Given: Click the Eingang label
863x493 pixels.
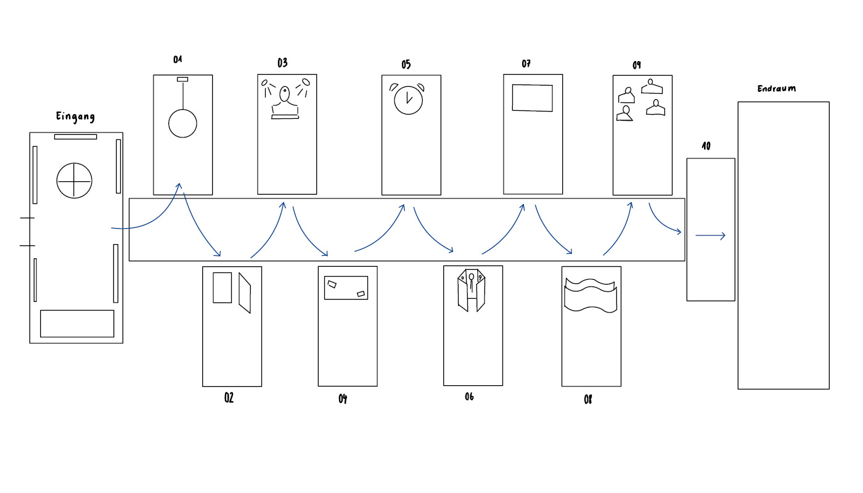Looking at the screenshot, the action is coord(75,116).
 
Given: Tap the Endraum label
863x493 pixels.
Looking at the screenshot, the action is coord(776,89).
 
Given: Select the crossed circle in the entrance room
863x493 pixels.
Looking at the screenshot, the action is coord(75,181).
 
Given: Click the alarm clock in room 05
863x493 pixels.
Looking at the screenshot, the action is coord(408,99).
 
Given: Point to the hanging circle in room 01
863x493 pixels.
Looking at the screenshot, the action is coord(182,124).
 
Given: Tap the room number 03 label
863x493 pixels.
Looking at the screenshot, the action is coord(282,62).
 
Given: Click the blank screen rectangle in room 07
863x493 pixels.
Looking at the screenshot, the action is coord(533,98).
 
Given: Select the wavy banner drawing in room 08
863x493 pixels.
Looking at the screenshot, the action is coord(591,295).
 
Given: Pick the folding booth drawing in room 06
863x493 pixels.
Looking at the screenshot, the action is coord(471,290).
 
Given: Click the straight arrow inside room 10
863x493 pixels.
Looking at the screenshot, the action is coord(710,235).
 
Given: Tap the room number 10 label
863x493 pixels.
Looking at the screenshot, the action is coord(706,146).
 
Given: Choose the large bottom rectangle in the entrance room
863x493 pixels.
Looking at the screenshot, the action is coord(77,324).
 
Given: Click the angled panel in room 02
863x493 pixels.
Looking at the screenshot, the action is coord(245,293).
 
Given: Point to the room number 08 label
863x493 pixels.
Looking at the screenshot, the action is coord(587,400).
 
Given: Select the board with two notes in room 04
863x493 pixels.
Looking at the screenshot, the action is coord(346,288).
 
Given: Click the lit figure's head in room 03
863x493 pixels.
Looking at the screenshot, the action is coord(284,94).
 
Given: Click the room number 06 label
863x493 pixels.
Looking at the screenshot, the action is coord(469,397).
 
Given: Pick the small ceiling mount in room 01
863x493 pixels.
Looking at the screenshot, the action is coord(182,79).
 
